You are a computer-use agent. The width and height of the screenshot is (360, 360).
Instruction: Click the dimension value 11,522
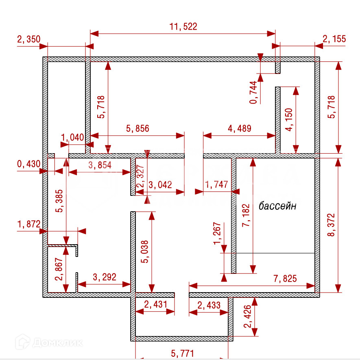pos(183,27)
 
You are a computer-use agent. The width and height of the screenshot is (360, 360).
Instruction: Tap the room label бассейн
pos(277,206)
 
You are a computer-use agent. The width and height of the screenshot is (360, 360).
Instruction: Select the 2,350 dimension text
pos(28,39)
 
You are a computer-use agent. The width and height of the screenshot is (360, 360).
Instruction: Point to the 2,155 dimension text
pos(334,39)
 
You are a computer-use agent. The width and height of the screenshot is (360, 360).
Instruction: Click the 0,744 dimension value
pos(254,93)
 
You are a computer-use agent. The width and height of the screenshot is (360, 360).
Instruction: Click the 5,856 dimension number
pos(138,129)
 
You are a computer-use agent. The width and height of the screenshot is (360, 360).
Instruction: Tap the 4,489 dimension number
pos(240,129)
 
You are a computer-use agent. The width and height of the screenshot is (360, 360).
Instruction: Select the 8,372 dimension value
pos(331,225)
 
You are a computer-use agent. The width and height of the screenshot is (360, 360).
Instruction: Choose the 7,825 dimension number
pos(285,278)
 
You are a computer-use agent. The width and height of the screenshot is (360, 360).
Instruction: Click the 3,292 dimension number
pos(105,278)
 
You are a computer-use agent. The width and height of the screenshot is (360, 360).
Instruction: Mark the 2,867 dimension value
pos(59,269)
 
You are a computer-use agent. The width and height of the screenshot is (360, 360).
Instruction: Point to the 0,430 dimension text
pos(28,164)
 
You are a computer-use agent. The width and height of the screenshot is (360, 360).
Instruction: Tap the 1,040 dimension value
pos(72,137)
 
